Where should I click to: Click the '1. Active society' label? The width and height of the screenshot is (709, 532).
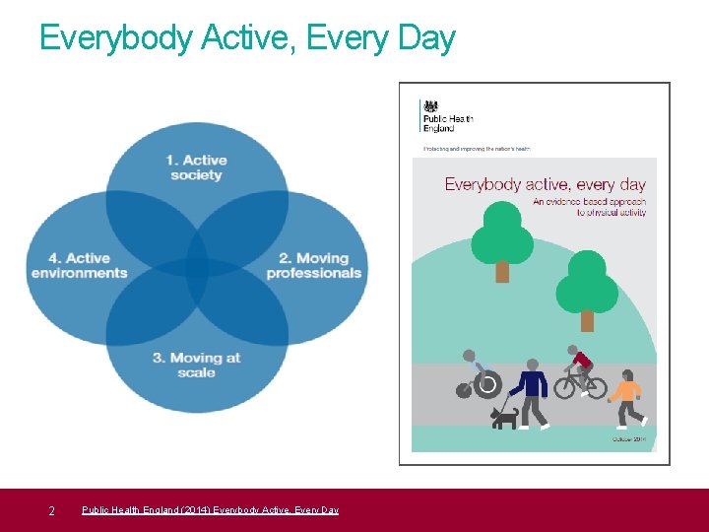[196, 167]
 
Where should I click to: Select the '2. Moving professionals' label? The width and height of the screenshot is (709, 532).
[313, 266]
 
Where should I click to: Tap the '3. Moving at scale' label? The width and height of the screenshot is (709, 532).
[196, 365]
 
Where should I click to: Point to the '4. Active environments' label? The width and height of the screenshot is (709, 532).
[80, 266]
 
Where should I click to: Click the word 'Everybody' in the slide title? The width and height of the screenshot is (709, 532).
[115, 37]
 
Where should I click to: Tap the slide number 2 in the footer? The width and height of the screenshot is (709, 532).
[51, 510]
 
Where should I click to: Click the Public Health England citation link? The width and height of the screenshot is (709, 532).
[210, 510]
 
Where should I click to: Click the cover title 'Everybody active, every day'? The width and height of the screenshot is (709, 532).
[545, 184]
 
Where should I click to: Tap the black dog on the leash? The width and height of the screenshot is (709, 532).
[504, 418]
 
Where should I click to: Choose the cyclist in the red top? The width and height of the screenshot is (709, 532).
[581, 371]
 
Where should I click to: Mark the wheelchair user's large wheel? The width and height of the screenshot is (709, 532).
[487, 384]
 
